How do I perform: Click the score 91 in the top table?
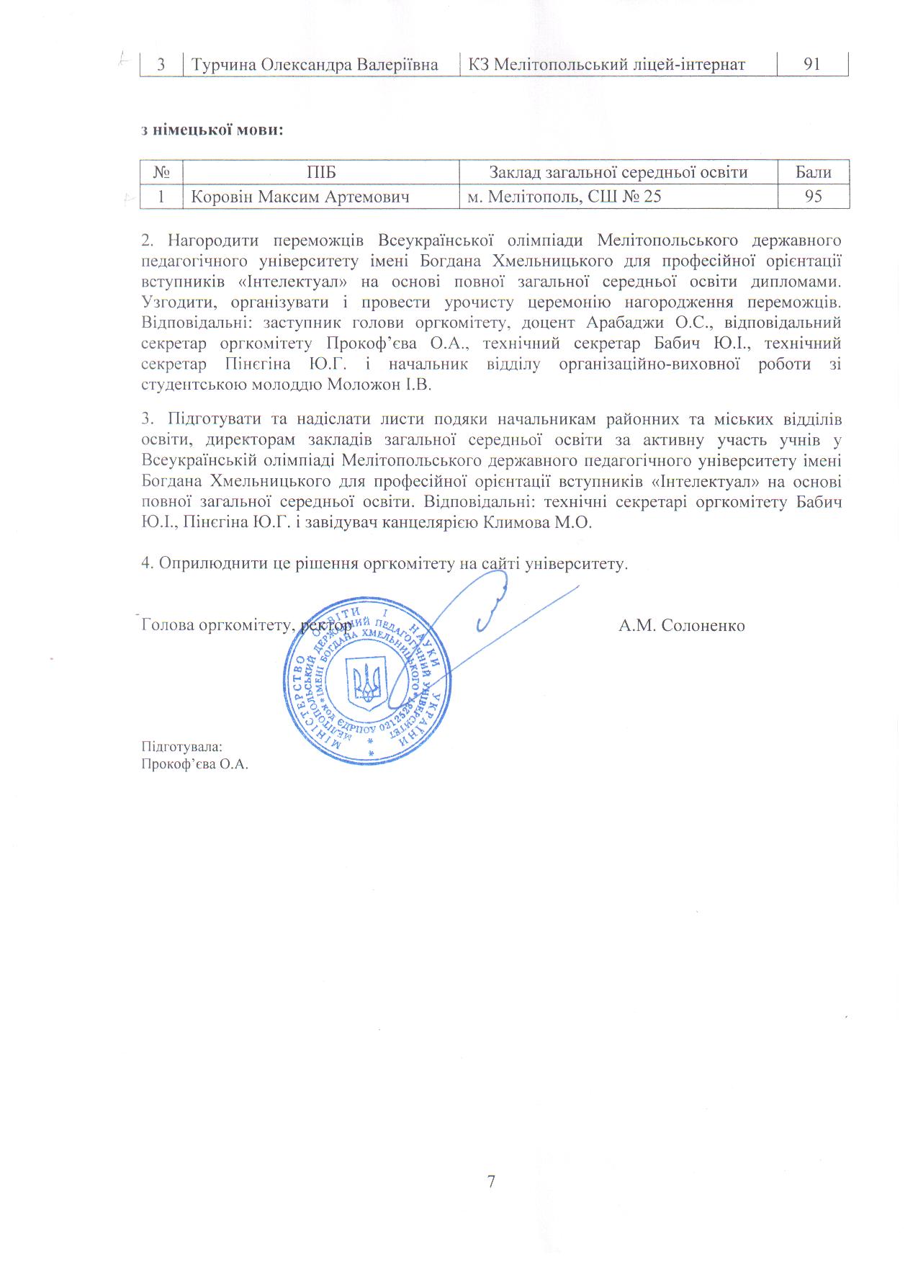click(x=812, y=65)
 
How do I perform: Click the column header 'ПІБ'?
click(x=321, y=172)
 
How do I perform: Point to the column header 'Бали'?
click(x=813, y=172)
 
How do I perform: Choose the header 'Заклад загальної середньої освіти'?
click(x=618, y=172)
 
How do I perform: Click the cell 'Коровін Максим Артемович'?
click(x=300, y=196)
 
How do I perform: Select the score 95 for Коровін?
click(x=813, y=196)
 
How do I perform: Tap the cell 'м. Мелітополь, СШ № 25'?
click(x=564, y=196)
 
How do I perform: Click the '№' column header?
click(x=161, y=172)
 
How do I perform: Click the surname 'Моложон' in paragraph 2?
click(x=361, y=385)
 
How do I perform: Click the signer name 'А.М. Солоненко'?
click(x=681, y=624)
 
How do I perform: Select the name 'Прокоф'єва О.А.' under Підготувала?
click(x=194, y=764)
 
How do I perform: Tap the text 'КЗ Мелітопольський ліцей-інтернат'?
click(x=606, y=65)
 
